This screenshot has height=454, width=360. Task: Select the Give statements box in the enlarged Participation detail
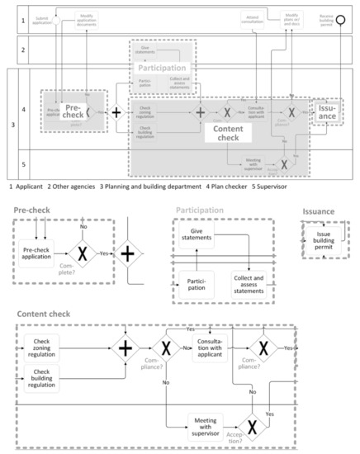click(198, 238)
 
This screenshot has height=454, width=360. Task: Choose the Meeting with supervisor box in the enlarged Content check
click(206, 425)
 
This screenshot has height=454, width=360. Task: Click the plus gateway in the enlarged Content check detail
click(126, 348)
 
